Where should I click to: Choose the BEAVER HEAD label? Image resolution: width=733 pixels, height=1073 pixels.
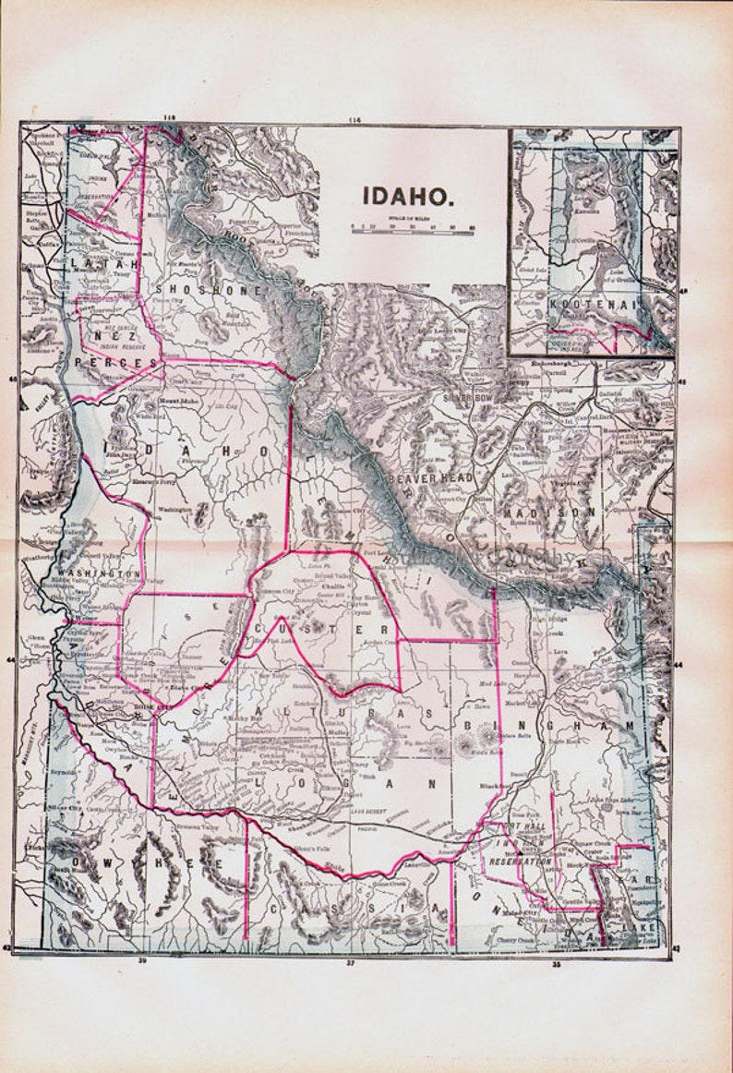430,477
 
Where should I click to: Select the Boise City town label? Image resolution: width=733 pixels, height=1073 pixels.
153,707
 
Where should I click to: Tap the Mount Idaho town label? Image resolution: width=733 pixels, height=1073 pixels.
172,403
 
